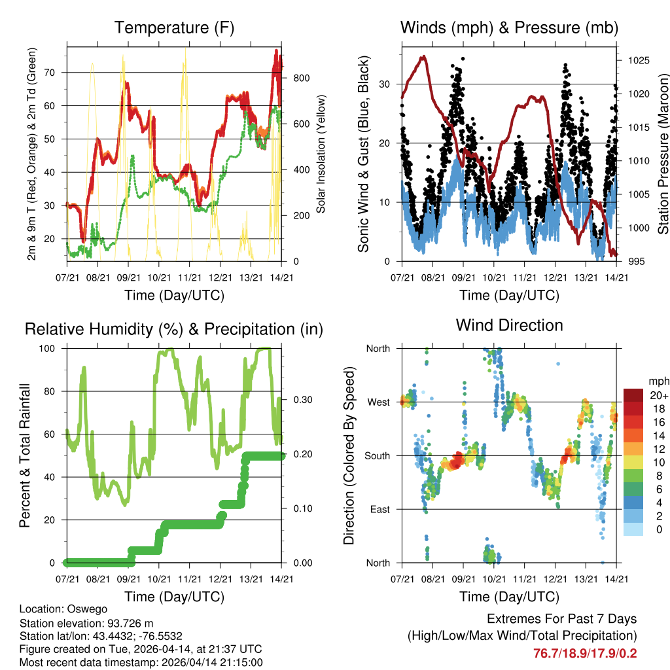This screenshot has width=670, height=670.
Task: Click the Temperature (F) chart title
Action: point(174,27)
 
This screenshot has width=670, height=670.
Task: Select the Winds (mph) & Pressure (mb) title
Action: point(509,27)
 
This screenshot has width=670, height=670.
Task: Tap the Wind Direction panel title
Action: point(509,325)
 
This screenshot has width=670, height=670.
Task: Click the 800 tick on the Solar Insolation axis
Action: point(301,78)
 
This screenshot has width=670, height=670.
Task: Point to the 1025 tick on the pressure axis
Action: point(635,60)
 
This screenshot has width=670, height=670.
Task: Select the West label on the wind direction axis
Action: point(378,402)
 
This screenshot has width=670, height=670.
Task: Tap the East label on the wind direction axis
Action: point(379,509)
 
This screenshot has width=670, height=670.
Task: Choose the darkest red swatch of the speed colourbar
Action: point(633,395)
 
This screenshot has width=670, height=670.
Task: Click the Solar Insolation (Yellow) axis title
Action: point(321,153)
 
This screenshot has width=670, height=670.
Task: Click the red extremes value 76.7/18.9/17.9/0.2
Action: point(585,653)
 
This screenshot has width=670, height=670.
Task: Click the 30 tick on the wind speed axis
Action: point(387,84)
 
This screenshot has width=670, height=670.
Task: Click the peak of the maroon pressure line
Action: point(424,56)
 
